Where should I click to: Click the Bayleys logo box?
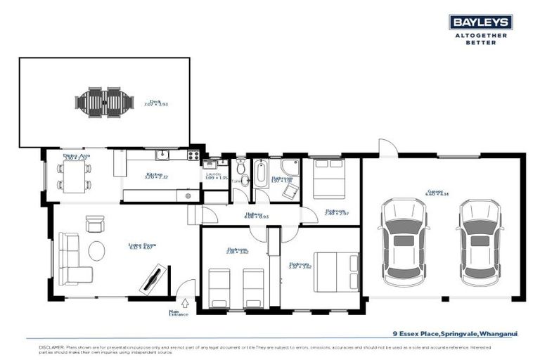[x=481, y=22]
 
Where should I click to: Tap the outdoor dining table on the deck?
[x=105, y=101]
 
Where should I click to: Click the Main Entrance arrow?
[x=185, y=304]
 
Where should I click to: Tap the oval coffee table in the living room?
[x=97, y=250]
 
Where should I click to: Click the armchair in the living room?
[x=94, y=223]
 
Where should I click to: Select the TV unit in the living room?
[x=154, y=278]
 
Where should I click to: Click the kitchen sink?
[x=162, y=154]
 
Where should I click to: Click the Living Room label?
[x=141, y=246]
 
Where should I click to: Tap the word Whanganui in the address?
[x=497, y=335]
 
